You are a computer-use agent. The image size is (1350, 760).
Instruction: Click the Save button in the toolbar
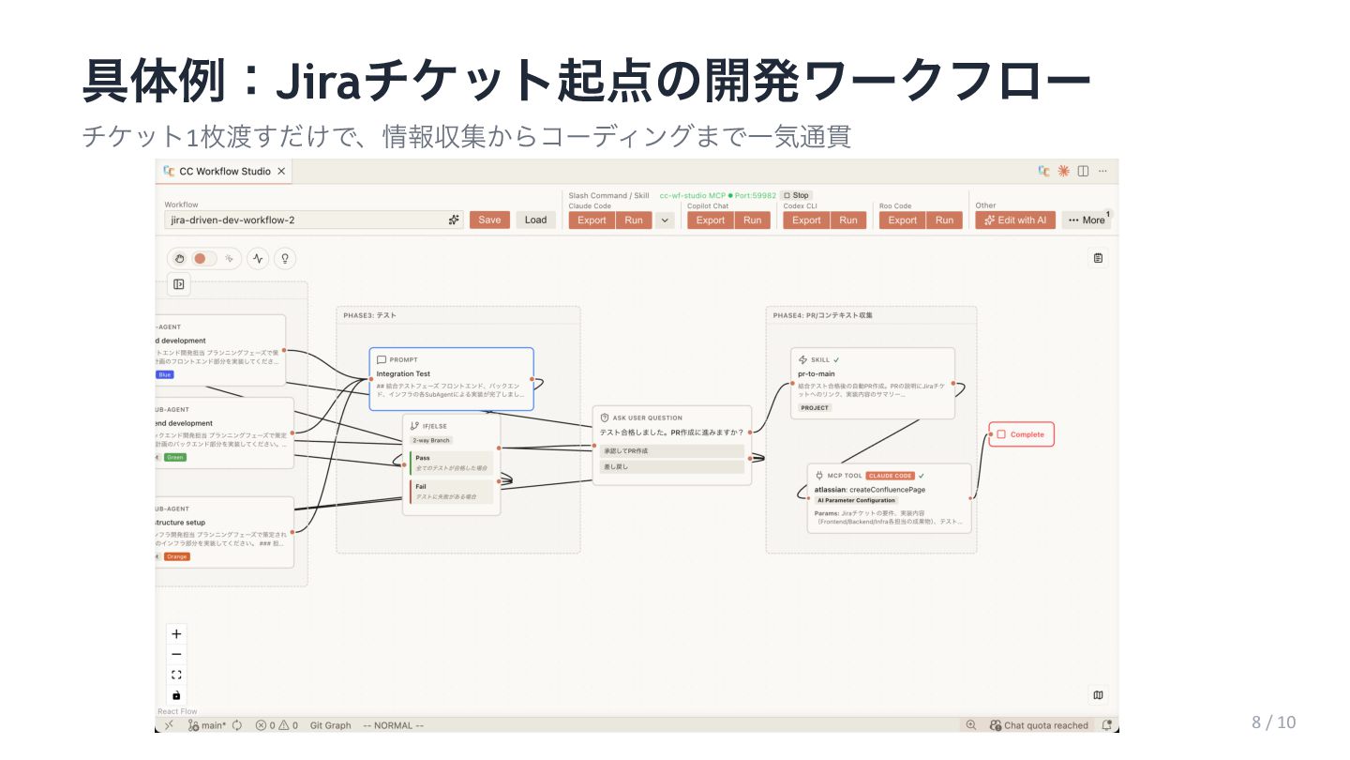coord(489,220)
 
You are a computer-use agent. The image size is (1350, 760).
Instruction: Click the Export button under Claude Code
coord(592,220)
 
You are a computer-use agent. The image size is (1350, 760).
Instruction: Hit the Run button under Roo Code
coord(944,220)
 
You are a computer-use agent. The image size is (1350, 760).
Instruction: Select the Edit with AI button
coord(1015,220)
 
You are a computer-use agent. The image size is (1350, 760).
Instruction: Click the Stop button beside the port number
coord(796,195)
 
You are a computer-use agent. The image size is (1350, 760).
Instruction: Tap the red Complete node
coord(1021,434)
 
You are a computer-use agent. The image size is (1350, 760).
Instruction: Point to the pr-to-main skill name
coord(816,373)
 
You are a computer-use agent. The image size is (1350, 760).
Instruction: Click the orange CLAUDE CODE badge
coord(890,476)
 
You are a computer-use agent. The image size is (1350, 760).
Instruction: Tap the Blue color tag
coord(165,374)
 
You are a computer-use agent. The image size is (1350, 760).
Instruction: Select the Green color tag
coord(174,457)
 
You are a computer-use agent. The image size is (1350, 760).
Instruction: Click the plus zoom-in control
coord(176,634)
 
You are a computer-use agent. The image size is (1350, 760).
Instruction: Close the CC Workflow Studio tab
coord(281,172)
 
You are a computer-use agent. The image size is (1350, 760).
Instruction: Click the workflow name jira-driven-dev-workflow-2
coord(232,220)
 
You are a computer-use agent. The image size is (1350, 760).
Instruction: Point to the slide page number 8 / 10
coord(1273,722)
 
